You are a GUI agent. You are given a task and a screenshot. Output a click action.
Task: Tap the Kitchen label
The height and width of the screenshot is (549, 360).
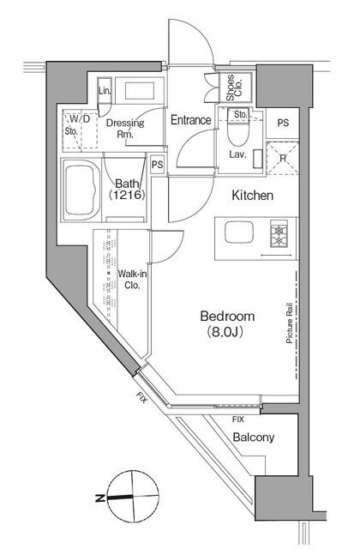pos(252,196)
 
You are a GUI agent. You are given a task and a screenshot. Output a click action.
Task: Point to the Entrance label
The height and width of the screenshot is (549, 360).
pos(190,120)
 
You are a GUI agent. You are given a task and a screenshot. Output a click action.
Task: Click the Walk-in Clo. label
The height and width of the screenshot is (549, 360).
pos(133,280)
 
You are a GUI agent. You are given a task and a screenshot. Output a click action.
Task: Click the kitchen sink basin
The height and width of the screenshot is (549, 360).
pos(237,232)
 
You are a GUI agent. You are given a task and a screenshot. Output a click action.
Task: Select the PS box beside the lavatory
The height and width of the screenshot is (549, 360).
pos(282,122)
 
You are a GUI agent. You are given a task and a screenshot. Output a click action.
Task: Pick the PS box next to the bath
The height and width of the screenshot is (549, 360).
pos(157,165)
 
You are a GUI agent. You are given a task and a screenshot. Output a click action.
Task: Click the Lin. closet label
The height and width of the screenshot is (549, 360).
pos(105,91)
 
